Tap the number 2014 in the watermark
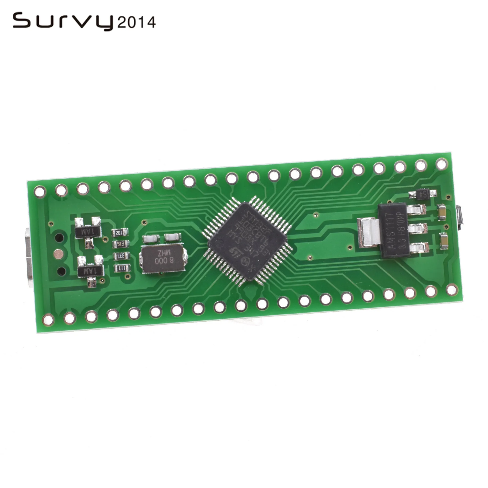tap(137, 23)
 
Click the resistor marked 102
tap(120, 232)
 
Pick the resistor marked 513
tap(121, 244)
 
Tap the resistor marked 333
tap(121, 256)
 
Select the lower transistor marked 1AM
tap(91, 272)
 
